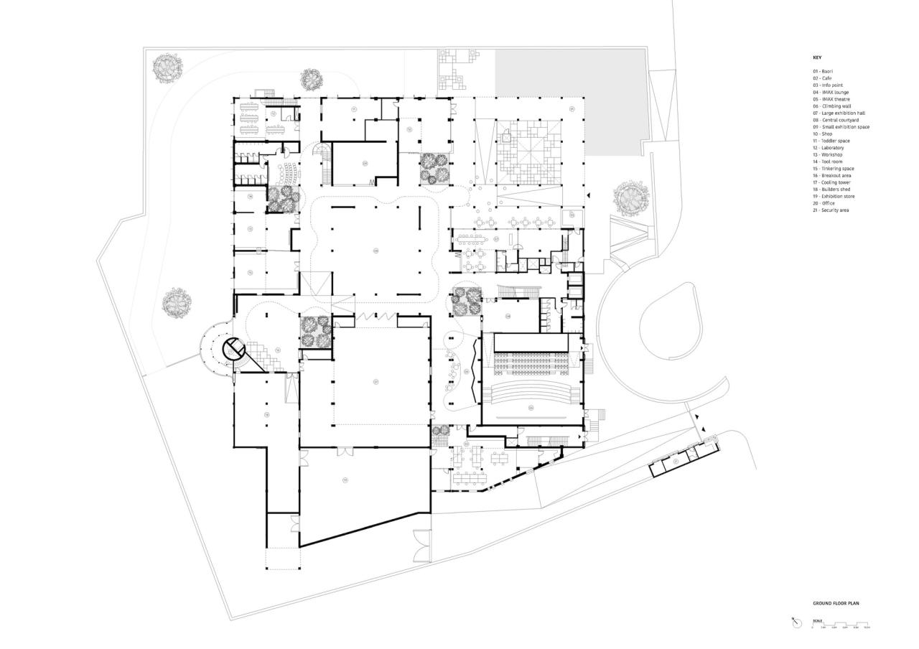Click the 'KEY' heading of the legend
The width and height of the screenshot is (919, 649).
point(817,57)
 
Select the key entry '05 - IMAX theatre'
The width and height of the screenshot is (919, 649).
point(831,99)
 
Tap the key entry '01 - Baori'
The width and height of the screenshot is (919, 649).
point(823,72)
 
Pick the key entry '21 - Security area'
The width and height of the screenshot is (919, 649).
point(831,210)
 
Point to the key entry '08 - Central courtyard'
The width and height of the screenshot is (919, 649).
point(836,120)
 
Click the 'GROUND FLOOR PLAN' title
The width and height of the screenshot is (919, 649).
point(836,604)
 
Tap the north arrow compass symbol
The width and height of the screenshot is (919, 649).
point(796,623)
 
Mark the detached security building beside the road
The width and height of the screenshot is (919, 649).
point(682,462)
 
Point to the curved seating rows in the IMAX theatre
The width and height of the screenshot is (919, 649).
point(531,391)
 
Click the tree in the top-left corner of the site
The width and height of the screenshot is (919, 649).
point(168,69)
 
